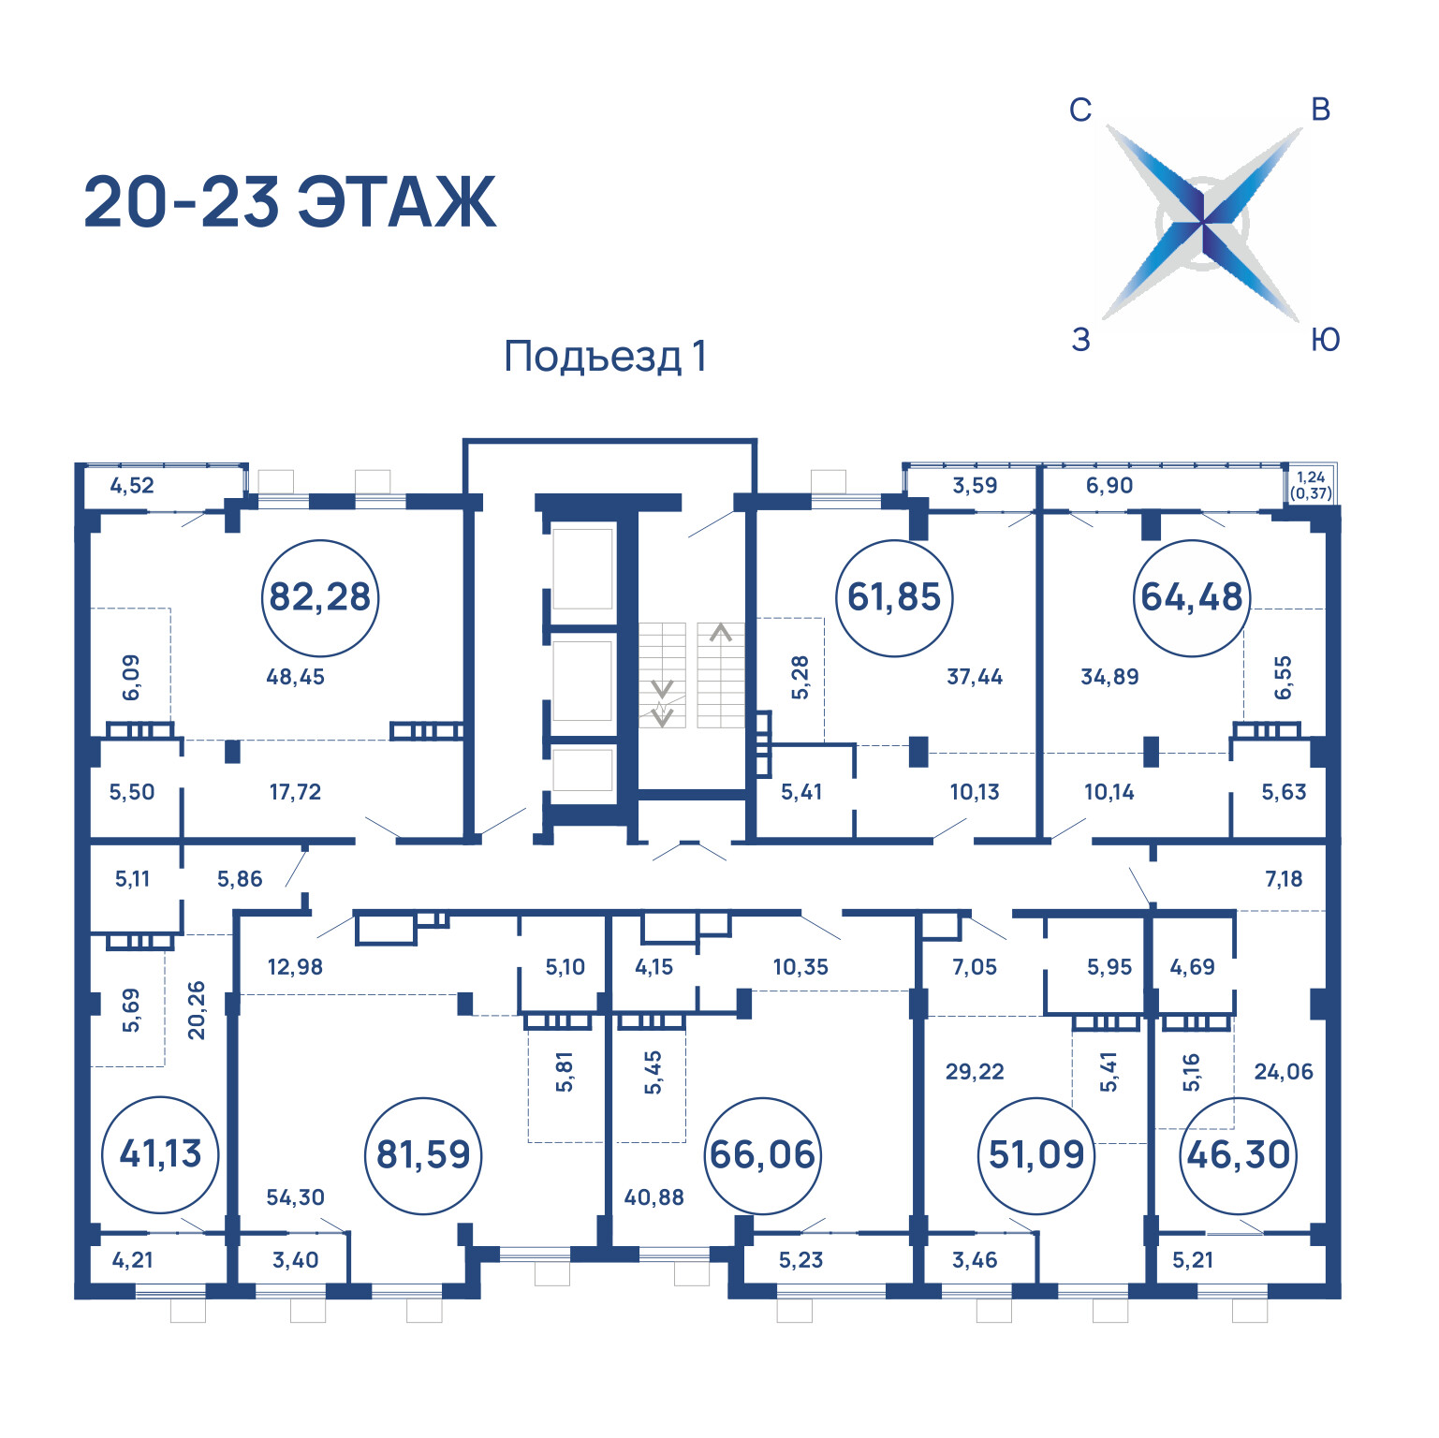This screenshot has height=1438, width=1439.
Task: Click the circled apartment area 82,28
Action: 320,597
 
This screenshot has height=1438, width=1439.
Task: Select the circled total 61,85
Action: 894,597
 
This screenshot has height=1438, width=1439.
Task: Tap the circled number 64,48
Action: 1192,597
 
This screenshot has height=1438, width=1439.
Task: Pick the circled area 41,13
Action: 161,1154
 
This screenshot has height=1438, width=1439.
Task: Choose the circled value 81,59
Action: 423,1155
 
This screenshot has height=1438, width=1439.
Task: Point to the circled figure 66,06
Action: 763,1155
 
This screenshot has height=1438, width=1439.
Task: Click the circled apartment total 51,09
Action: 1036,1155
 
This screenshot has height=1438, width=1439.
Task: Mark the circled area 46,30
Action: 1239,1155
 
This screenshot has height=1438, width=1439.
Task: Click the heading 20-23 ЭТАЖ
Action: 289,202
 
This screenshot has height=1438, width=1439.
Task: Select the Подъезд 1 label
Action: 605,357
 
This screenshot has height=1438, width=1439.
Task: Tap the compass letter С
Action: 1080,110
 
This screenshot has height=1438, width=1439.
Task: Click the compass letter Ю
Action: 1325,340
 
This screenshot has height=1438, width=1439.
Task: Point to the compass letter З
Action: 1081,340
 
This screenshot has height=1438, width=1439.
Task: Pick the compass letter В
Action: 1321,110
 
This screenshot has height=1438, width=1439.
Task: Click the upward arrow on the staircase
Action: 720,634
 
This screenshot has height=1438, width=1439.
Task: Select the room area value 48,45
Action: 295,677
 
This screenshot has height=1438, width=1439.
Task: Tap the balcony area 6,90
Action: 1109,486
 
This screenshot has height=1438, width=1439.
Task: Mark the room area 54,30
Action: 295,1197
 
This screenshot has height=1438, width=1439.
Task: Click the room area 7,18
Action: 1284,879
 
